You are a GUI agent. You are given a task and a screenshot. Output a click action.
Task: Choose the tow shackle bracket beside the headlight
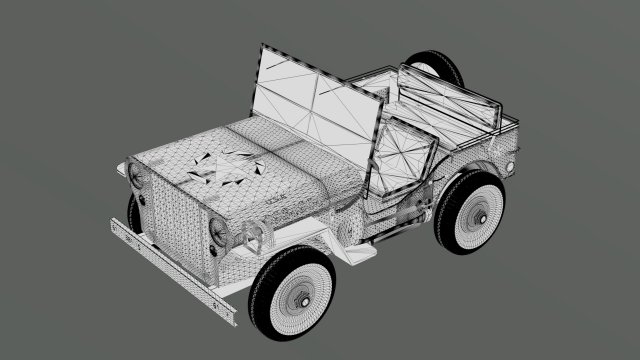coord(250,235)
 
